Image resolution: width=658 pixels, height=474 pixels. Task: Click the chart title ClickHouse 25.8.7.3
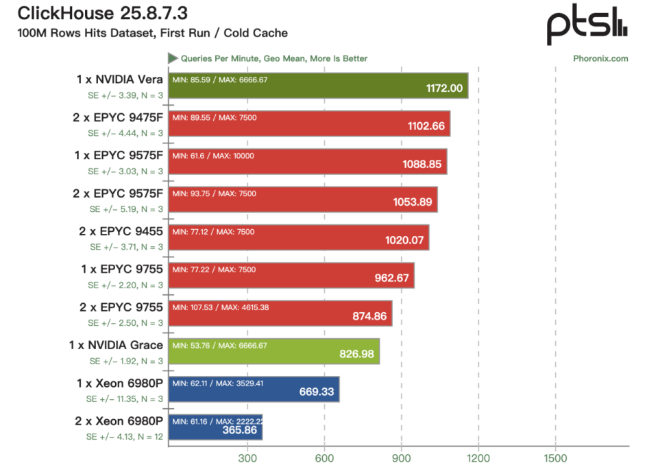(x=102, y=13)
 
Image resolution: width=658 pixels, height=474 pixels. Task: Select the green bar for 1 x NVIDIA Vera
(x=318, y=86)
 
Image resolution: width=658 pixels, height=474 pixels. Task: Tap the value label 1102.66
(x=426, y=126)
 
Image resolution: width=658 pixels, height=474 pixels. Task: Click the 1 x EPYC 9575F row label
(x=119, y=155)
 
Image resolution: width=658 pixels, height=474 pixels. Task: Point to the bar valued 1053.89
(x=303, y=200)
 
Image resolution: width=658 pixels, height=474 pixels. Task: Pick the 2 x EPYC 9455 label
(x=121, y=231)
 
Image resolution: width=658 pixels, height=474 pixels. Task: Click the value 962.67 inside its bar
(x=391, y=278)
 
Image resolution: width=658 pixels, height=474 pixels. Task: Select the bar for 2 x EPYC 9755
(x=280, y=313)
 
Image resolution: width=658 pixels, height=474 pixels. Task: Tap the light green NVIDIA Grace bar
(x=274, y=351)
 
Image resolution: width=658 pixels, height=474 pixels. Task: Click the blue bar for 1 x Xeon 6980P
(x=254, y=389)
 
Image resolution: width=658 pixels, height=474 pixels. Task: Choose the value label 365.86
(x=239, y=430)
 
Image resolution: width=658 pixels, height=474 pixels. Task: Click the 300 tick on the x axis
(x=247, y=458)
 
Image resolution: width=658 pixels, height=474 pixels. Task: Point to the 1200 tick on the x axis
(x=478, y=458)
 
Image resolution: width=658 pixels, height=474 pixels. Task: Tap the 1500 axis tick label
(x=555, y=458)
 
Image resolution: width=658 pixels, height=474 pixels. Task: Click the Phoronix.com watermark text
(x=600, y=59)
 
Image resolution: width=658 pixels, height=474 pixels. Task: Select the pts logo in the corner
(x=587, y=25)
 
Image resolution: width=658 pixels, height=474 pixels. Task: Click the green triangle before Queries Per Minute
(x=173, y=58)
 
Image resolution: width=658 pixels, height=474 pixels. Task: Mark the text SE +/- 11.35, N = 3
(x=125, y=399)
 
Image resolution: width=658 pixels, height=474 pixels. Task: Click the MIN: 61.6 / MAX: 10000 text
(x=213, y=156)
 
